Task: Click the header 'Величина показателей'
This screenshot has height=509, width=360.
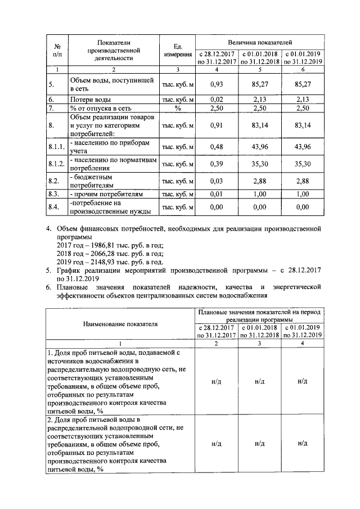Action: (259, 43)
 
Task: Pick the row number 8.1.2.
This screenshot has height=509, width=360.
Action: (56, 164)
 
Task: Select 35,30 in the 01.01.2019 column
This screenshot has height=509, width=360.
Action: (302, 164)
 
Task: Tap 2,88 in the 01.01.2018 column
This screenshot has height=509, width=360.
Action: (259, 181)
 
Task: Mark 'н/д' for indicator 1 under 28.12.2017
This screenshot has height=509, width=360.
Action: (217, 381)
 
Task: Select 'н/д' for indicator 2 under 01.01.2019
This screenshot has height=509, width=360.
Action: (302, 443)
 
